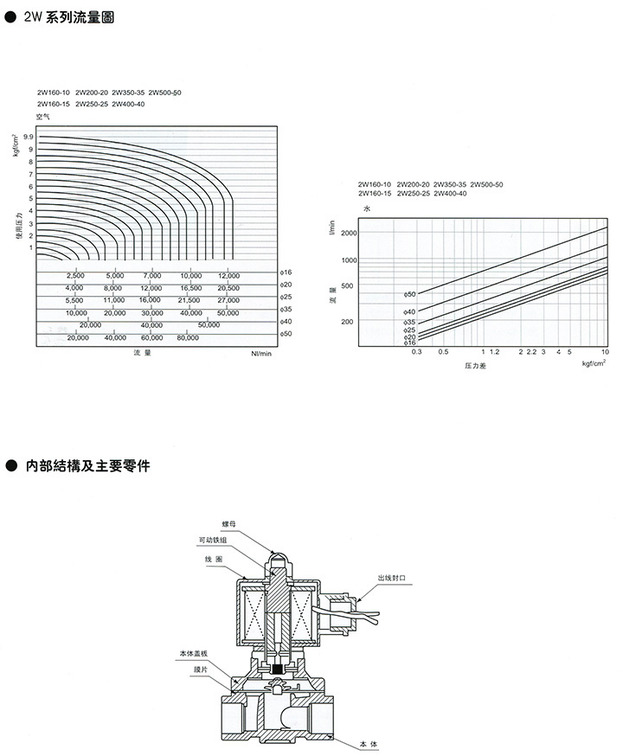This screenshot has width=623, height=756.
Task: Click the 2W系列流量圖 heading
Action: point(68,16)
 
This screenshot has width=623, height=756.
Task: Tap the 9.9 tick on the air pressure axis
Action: point(29,138)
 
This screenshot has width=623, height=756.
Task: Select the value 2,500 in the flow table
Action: point(75,275)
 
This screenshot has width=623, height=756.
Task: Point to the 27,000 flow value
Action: point(228,299)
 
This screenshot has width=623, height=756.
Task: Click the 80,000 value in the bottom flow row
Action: point(188,337)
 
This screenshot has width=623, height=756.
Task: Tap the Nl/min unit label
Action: point(261,354)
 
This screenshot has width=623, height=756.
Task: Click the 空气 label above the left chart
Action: point(43,115)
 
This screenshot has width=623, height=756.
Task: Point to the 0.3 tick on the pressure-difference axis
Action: point(415,353)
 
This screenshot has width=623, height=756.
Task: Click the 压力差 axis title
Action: point(476,367)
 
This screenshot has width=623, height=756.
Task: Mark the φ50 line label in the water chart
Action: point(410,294)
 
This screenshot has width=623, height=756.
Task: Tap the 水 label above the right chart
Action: point(366,209)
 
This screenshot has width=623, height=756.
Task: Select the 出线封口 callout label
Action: point(392,576)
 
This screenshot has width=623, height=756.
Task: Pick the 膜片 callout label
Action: point(201,669)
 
